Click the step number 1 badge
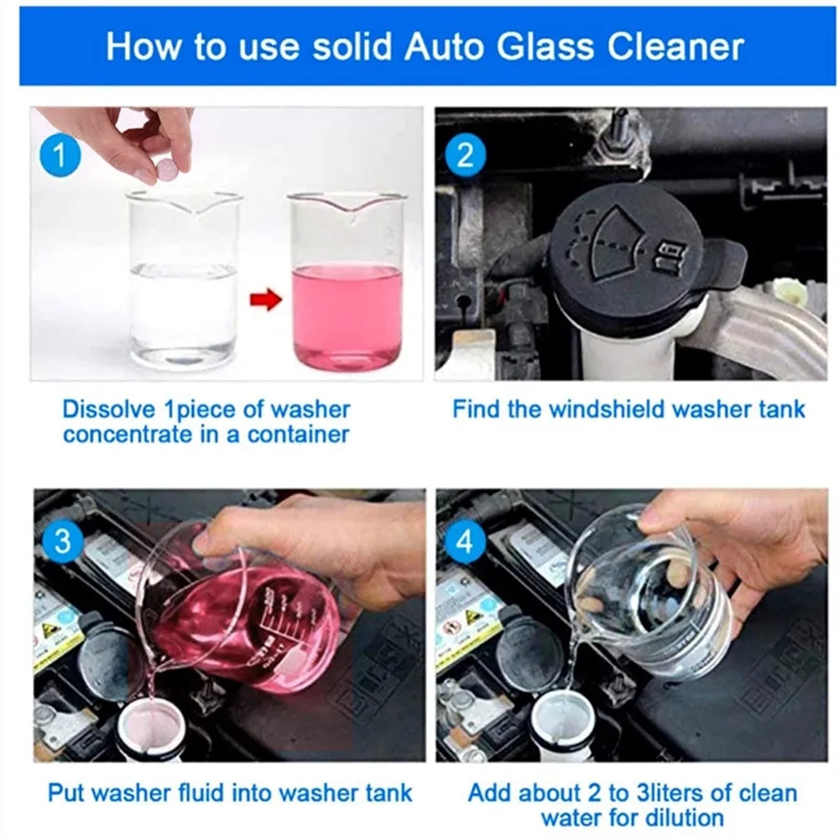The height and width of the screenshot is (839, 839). coord(60,157)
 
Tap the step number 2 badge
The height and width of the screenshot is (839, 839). coord(464,157)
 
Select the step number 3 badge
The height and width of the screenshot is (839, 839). coord(62,540)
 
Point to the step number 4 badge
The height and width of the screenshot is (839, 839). coord(464,540)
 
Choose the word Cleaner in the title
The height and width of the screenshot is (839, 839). coord(680,46)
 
